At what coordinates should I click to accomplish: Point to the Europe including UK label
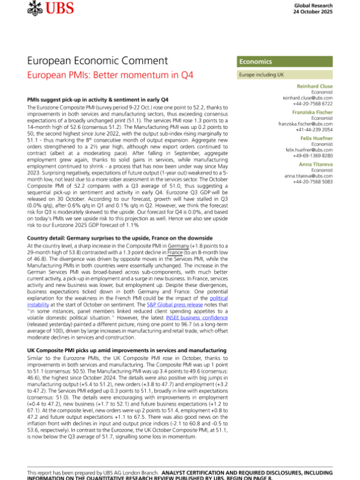pyautogui.click(x=263, y=76)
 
